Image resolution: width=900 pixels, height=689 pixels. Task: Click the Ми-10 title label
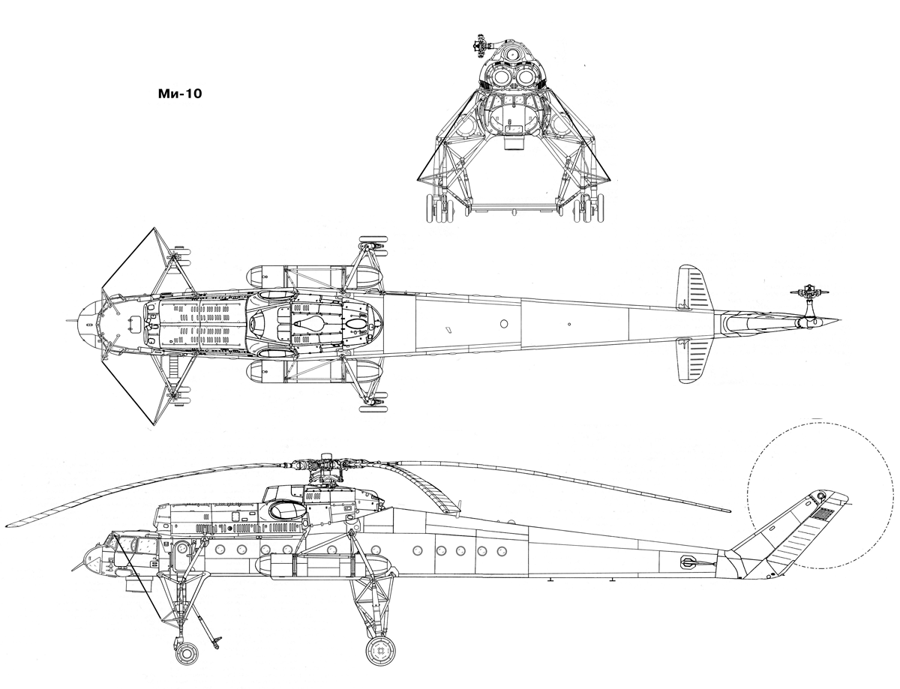pyautogui.click(x=180, y=94)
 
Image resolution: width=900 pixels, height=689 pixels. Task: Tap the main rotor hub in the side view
pyautogui.click(x=326, y=467)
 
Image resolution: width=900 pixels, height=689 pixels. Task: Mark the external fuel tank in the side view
pyautogui.click(x=323, y=566)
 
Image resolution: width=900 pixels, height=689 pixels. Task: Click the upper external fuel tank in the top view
pyautogui.click(x=313, y=277)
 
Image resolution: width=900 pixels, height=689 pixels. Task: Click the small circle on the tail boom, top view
pyautogui.click(x=504, y=324)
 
